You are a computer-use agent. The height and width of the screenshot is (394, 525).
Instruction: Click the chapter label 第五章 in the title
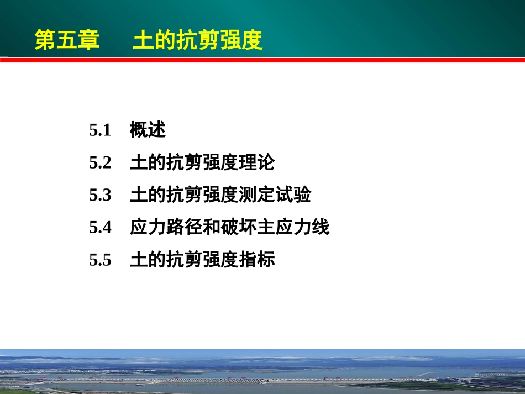pos(67,40)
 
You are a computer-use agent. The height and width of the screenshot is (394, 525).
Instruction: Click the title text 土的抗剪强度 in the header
pos(197,40)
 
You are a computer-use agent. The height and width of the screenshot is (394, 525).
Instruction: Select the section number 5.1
pos(100,131)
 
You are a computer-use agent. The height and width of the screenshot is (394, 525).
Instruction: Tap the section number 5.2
pos(100,163)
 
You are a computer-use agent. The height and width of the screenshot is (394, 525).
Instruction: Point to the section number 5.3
pos(100,195)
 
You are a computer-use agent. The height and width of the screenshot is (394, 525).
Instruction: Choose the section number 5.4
pos(100,227)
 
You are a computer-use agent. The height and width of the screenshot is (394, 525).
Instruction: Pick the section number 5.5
pos(100,260)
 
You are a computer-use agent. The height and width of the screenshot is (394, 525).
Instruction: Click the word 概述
pos(148,130)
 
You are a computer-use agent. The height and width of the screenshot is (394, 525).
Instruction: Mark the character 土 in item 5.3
pos(138,195)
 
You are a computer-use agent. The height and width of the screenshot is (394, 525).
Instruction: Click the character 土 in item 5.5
pos(138,259)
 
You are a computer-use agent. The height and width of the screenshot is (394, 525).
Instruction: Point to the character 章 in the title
pos(88,40)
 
